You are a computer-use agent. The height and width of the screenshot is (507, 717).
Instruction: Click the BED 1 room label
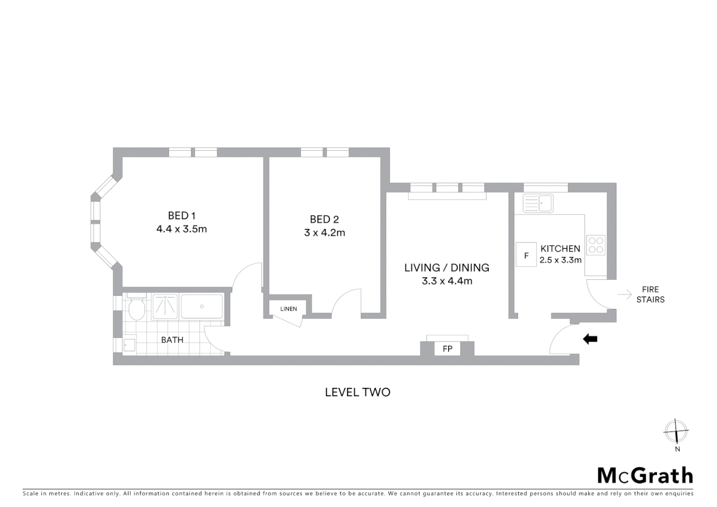[182, 216]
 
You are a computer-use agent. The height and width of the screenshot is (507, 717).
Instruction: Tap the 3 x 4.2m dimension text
[324, 233]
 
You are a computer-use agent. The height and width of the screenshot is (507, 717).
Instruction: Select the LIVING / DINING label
[447, 268]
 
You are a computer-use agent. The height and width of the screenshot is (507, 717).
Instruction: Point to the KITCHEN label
[560, 249]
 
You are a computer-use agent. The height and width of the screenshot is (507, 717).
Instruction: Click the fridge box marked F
[526, 255]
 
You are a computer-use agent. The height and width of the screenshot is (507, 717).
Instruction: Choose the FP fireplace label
[447, 349]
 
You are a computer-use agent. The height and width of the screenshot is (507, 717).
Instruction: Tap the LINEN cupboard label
[289, 309]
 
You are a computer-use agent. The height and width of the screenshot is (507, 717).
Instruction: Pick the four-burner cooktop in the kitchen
[596, 245]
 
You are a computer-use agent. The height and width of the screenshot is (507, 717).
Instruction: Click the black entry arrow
[590, 339]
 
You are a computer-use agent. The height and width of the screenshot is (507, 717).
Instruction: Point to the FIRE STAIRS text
[650, 294]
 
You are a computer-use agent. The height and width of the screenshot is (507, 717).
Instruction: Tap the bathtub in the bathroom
[202, 307]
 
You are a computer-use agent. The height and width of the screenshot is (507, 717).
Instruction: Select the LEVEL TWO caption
[358, 392]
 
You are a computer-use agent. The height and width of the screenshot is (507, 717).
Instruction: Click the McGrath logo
[645, 476]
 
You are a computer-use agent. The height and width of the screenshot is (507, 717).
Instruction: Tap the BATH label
[172, 340]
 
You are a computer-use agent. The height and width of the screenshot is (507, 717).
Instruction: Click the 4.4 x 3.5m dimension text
[182, 230]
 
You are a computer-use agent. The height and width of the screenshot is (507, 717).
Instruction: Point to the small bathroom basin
[129, 346]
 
